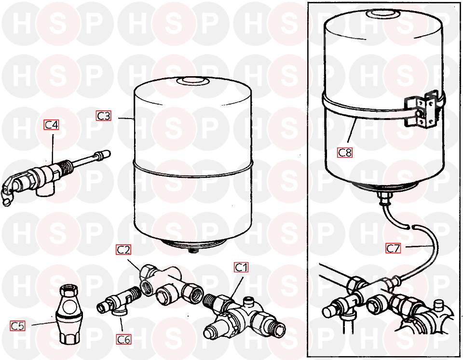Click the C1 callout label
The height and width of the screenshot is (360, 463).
coord(241,267)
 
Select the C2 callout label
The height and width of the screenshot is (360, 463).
coord(123,250)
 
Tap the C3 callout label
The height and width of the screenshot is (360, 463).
coord(104,116)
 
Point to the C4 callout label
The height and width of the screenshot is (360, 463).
coord(52,125)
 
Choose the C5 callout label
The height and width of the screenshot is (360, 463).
coord(17,326)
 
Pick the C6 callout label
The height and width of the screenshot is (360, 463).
coord(123,339)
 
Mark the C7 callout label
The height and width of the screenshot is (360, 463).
coord(394,248)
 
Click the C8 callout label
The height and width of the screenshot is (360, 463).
coord(345,153)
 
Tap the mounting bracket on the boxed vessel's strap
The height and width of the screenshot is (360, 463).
coord(421,109)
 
